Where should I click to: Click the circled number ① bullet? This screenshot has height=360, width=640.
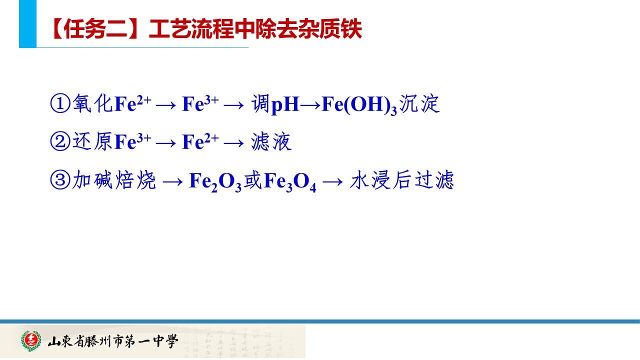(x=60, y=103)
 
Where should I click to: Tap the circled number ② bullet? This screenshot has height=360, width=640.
(x=60, y=141)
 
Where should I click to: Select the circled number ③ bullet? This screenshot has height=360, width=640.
(x=60, y=179)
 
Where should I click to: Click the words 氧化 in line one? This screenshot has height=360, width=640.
(x=92, y=103)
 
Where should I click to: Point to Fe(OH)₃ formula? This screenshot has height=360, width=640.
(x=359, y=104)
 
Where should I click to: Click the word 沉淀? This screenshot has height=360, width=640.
(x=419, y=103)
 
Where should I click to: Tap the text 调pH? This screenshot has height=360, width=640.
(x=275, y=104)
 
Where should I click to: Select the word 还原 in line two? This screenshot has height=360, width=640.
(x=92, y=141)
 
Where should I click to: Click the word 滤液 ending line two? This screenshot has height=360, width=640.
(x=271, y=141)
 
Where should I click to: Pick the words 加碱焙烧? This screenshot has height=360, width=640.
(x=113, y=179)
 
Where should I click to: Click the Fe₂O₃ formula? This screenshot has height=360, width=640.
(x=215, y=181)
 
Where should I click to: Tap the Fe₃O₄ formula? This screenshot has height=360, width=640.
(x=290, y=181)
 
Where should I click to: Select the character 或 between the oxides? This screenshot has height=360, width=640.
(x=253, y=179)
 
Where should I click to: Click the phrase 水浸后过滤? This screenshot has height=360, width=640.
(x=402, y=179)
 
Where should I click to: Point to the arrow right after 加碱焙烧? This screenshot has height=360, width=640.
(x=172, y=181)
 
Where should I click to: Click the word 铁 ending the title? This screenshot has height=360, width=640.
(x=351, y=29)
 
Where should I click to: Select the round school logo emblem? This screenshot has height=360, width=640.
(x=31, y=340)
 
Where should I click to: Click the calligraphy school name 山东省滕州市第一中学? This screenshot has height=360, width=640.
(x=113, y=341)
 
